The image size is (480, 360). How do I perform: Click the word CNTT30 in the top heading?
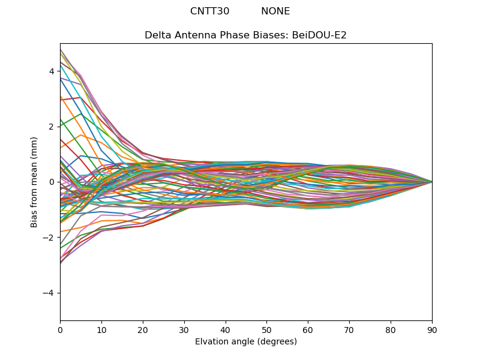pos(209,11)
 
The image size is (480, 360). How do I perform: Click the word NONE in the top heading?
pos(275,11)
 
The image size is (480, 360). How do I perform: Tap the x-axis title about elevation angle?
pos(246,342)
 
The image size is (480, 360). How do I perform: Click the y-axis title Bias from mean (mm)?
pos(35,182)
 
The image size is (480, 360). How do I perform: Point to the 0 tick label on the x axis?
pos(60,329)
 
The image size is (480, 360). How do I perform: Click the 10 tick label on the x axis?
pos(101,329)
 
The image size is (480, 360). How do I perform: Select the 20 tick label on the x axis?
pos(143,329)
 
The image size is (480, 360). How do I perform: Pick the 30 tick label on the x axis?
pos(184,329)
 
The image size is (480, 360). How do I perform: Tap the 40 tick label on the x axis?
pos(226,329)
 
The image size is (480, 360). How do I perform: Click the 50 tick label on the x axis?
pos(266,329)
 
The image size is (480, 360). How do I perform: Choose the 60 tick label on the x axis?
pos(308,329)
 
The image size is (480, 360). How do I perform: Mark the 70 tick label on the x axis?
pos(349,329)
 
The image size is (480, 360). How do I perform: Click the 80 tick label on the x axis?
pos(391,329)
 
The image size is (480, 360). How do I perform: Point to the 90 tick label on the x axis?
pos(432,329)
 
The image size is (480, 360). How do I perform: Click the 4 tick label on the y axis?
pos(52,71)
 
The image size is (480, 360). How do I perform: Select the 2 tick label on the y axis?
pos(52,127)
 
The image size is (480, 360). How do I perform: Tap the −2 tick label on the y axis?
pos(49,237)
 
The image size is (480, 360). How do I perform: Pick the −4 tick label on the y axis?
pos(49,293)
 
